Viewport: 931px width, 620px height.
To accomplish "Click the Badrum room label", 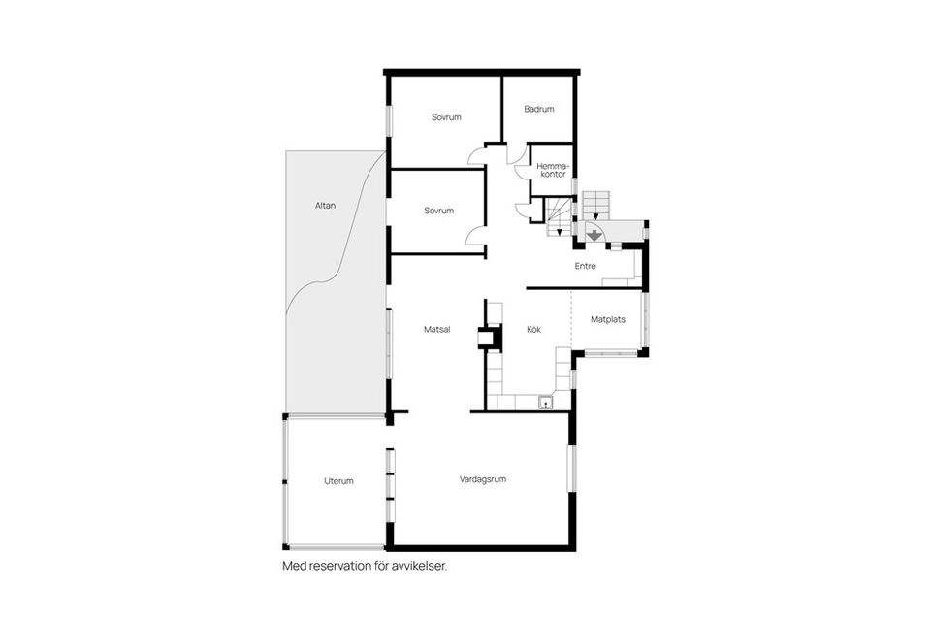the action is point(539,109).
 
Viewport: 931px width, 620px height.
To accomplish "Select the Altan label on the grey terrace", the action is point(326,206).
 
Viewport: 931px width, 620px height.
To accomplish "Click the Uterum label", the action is point(339,481).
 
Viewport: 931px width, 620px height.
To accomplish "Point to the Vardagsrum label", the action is point(483,479).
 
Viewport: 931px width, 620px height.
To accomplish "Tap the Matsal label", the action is point(437,329).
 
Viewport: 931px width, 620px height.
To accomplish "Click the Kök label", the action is point(533,329).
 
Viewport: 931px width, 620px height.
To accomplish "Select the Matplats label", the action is point(608,319).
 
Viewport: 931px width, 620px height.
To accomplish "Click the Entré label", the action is point(586,266).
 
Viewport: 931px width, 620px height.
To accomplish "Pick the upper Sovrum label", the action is point(446,117).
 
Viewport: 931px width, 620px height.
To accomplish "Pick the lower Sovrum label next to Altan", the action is point(438,211).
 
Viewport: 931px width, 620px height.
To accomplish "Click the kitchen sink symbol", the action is point(546,403).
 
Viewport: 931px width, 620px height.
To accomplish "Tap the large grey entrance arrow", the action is point(594,235).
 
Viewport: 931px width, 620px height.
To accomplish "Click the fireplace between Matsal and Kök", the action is point(491,338).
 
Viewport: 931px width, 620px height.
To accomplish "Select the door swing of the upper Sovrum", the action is point(476,155).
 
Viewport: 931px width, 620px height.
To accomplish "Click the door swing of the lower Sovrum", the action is point(475,235).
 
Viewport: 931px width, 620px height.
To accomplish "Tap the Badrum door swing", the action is point(517,154).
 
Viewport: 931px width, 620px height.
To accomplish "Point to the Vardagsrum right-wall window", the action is point(572,469).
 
